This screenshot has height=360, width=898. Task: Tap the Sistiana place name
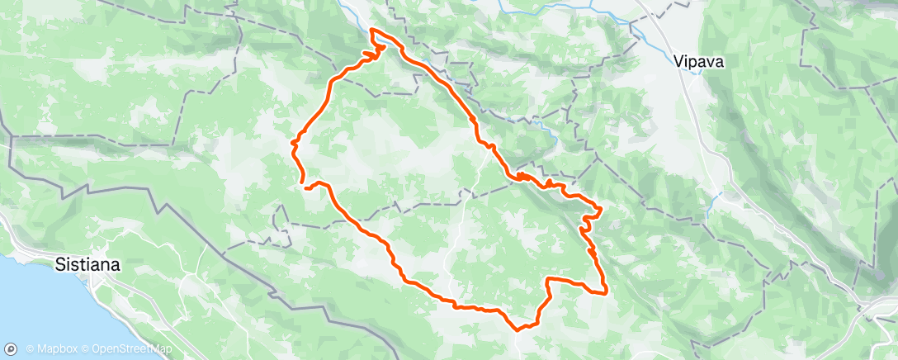(87, 265)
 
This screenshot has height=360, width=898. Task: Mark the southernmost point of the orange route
(518, 329)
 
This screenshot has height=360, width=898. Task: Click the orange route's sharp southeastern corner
(607, 291)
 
